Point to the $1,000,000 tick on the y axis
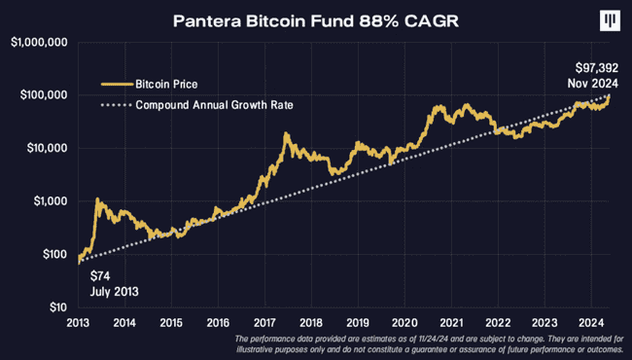[x=36, y=43]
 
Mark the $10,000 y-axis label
[x=43, y=149]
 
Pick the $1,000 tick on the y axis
[x=46, y=201]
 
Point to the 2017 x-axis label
[x=264, y=322]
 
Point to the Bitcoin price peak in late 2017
[x=286, y=135]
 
